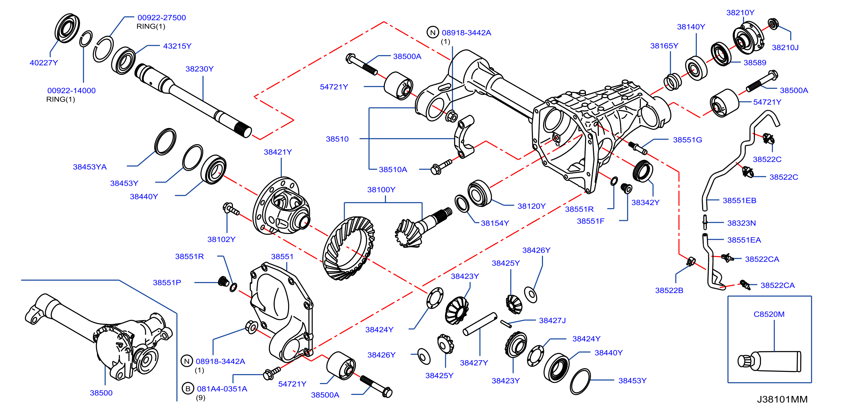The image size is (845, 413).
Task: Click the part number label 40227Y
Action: click(x=44, y=63)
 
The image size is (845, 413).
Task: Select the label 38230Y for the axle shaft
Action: click(x=199, y=69)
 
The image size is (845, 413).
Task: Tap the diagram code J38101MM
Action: click(x=782, y=399)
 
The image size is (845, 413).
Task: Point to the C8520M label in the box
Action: click(x=769, y=314)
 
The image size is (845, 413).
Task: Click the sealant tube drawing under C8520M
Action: click(x=770, y=361)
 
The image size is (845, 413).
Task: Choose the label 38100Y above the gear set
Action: click(x=381, y=190)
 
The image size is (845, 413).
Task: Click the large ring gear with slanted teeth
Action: click(x=348, y=248)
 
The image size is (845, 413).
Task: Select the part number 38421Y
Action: click(x=278, y=152)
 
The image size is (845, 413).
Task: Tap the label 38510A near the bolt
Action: click(x=393, y=170)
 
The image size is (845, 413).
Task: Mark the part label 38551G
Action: click(x=688, y=140)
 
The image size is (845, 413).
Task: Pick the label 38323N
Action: click(x=741, y=223)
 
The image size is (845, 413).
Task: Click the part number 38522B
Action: click(x=669, y=291)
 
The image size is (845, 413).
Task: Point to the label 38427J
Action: click(x=552, y=320)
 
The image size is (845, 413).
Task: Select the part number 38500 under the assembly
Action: click(x=101, y=393)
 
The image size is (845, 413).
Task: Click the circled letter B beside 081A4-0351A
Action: click(x=188, y=389)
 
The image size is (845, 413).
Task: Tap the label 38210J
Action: click(x=785, y=48)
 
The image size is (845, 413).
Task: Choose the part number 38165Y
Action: click(x=664, y=46)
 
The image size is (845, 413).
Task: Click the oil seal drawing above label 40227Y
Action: click(x=67, y=28)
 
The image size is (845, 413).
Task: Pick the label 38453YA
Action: click(x=90, y=167)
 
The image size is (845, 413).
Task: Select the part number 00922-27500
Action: click(x=162, y=18)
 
